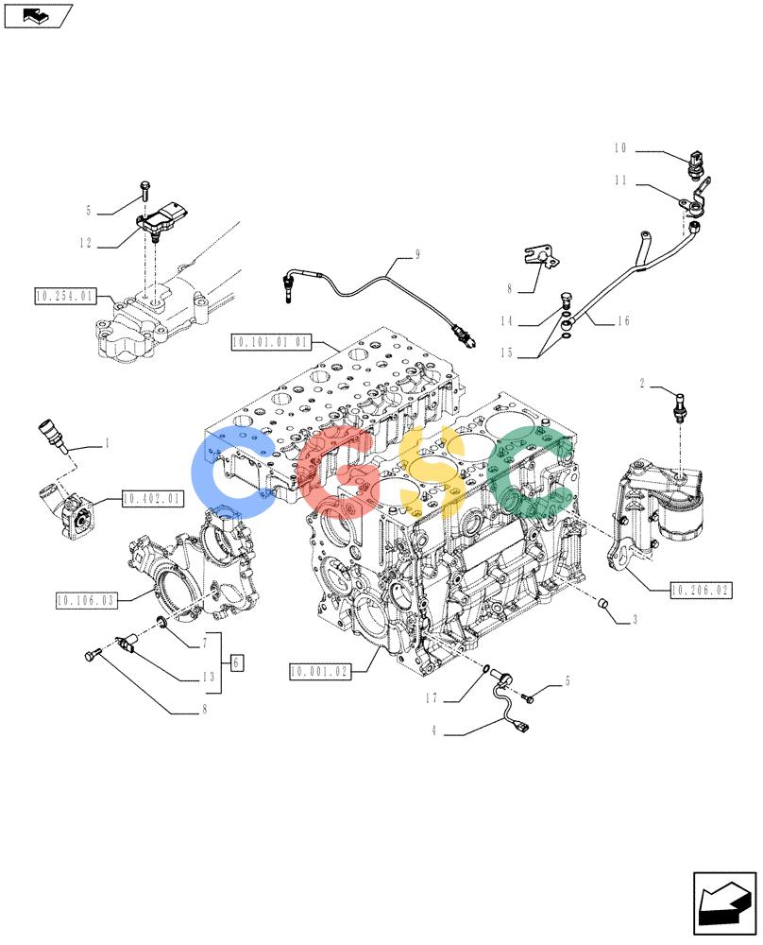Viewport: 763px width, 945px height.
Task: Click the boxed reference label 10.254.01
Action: coord(65,296)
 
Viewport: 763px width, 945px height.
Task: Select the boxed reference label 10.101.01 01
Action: coord(271,342)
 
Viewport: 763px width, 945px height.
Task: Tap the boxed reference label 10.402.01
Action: coord(152,499)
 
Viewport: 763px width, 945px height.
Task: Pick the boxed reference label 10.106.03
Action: coord(86,600)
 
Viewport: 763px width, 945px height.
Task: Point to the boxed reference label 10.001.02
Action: coord(320,671)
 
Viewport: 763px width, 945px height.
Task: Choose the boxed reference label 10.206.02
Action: coord(701,591)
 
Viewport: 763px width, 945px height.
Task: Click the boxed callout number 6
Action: coord(236,663)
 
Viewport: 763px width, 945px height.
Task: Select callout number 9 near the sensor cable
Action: coord(417,255)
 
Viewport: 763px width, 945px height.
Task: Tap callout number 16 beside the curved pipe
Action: coord(622,320)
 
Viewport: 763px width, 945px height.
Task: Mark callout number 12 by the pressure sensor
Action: coord(86,243)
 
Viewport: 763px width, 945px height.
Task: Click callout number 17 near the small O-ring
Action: coord(432,698)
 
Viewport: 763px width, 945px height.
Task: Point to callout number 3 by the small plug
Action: coord(635,620)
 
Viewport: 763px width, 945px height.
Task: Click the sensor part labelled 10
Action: coord(697,163)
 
